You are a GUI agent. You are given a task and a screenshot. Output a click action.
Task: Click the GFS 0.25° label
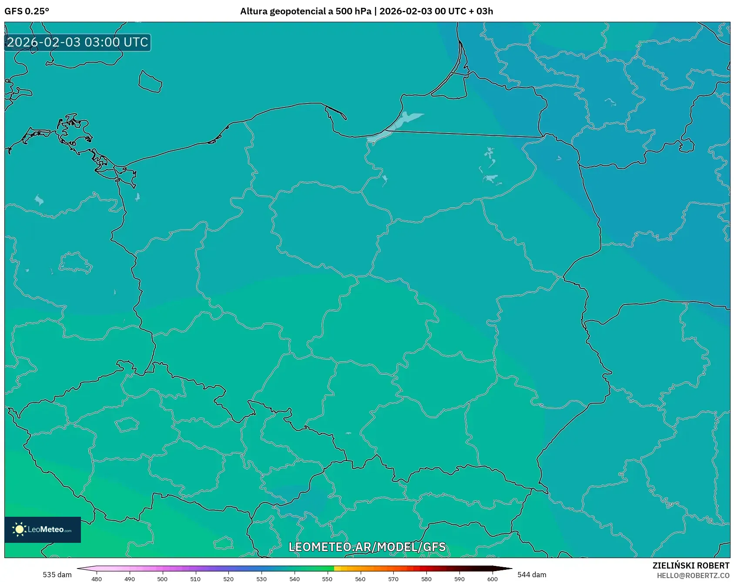(x=27, y=11)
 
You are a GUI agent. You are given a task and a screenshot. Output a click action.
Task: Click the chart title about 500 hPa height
(x=366, y=11)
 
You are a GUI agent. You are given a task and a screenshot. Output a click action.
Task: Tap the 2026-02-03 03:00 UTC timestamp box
(x=77, y=42)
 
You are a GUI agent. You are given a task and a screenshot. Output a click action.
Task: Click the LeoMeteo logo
(x=43, y=529)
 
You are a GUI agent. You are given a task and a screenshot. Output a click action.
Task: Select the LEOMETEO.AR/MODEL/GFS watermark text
(x=367, y=547)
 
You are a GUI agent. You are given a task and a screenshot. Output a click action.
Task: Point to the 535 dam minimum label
(x=57, y=575)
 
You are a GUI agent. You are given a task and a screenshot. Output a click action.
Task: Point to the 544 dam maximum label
(x=532, y=575)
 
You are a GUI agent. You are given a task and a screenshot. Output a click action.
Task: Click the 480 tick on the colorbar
(x=97, y=579)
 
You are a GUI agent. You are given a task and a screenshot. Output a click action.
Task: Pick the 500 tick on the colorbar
(x=162, y=579)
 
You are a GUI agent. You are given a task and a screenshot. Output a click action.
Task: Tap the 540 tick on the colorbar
(x=295, y=579)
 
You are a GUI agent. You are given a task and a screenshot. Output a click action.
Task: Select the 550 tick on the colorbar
(x=327, y=579)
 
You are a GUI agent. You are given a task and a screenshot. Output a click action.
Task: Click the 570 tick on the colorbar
(x=393, y=579)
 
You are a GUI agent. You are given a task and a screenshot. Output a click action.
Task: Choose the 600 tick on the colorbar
(x=492, y=579)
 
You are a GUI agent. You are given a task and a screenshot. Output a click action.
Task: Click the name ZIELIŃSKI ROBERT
(x=690, y=565)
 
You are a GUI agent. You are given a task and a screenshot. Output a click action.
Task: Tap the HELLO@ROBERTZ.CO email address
(x=693, y=575)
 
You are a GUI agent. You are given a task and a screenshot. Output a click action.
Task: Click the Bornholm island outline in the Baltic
(x=150, y=82)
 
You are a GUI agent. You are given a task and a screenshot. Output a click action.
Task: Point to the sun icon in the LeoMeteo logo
(x=19, y=529)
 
